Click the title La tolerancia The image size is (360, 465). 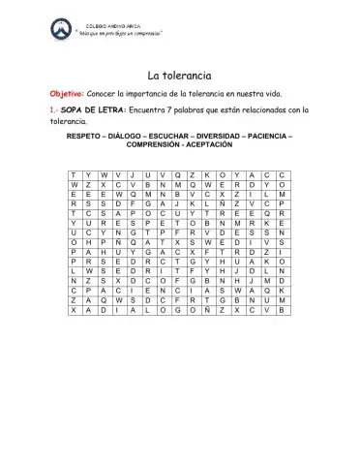(x=179, y=75)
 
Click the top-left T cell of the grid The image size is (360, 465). (x=75, y=174)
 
